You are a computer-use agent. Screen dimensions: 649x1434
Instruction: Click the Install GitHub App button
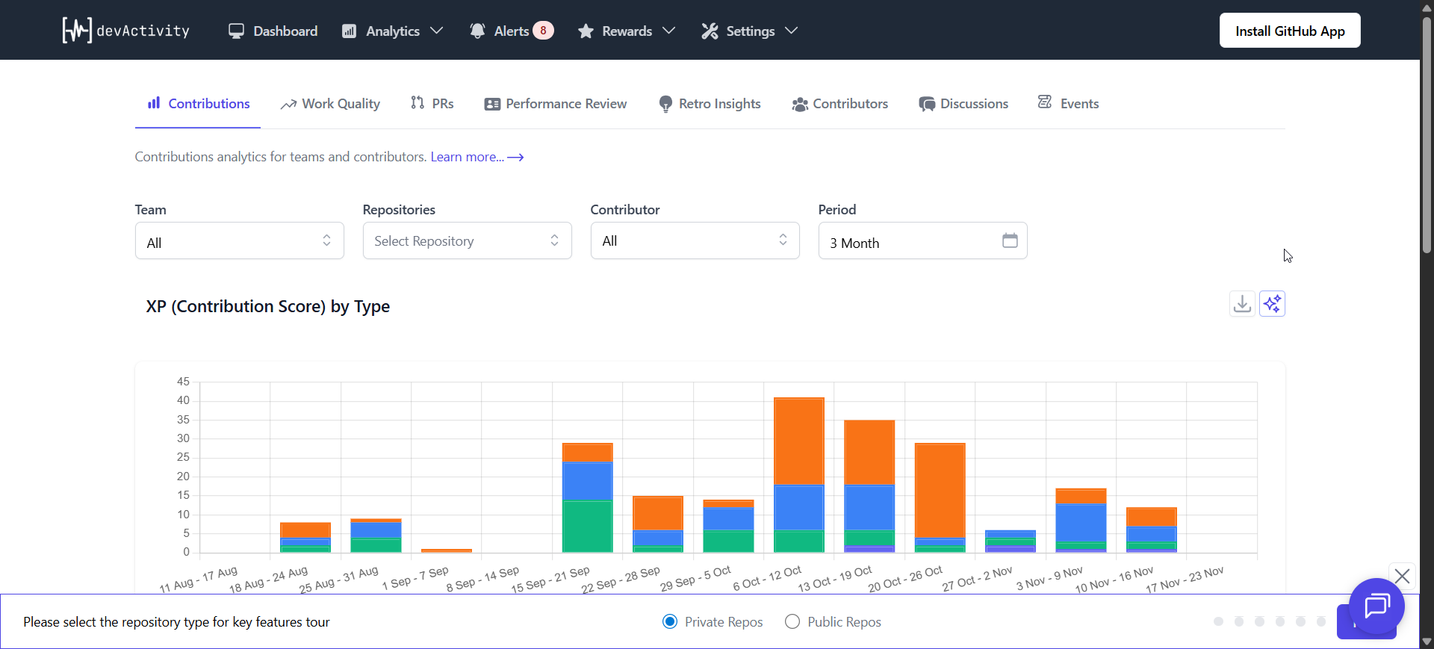(x=1289, y=31)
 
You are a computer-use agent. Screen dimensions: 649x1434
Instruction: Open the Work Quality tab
(x=330, y=104)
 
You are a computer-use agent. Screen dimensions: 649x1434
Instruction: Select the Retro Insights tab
(x=710, y=104)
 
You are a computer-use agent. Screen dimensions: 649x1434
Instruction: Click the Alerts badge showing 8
(x=543, y=31)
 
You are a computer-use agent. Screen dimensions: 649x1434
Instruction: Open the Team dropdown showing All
(x=239, y=241)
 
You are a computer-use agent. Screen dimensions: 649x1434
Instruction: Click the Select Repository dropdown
(x=467, y=241)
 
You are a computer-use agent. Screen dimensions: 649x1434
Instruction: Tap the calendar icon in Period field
(x=1009, y=240)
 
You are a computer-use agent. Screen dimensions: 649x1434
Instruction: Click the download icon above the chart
(x=1241, y=304)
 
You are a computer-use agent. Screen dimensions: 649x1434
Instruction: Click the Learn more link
(x=477, y=157)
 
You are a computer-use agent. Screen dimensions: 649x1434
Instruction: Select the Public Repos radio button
(x=792, y=621)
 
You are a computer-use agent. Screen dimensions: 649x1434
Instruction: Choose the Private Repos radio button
(x=670, y=621)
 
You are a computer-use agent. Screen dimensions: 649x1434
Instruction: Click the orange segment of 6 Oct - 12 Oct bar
(x=798, y=441)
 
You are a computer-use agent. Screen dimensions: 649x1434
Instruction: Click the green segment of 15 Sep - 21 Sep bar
(x=587, y=527)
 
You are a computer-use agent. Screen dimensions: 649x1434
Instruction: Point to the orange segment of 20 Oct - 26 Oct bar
(x=940, y=489)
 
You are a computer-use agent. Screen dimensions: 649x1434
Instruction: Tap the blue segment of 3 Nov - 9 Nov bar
(x=1080, y=523)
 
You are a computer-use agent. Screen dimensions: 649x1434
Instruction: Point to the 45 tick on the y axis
(x=183, y=382)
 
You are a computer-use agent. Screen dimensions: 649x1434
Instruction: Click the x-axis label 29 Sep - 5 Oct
(x=695, y=579)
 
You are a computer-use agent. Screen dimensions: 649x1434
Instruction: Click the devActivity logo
(x=125, y=31)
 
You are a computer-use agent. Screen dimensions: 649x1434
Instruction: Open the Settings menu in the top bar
(x=749, y=31)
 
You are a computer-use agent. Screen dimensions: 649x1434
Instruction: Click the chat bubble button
(x=1376, y=606)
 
